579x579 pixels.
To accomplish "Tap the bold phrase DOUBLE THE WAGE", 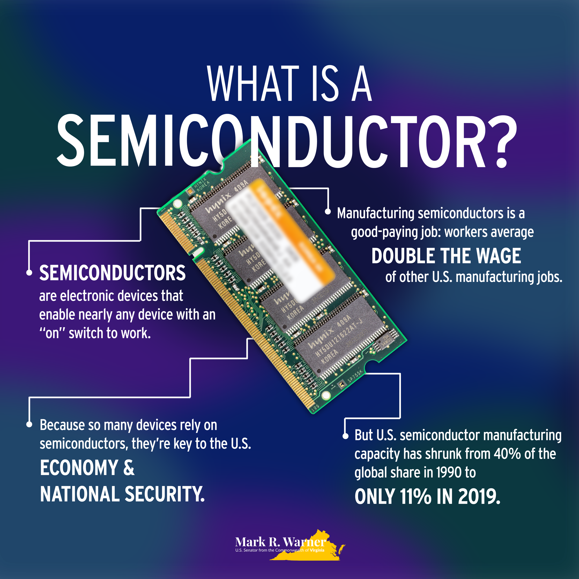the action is point(446,256).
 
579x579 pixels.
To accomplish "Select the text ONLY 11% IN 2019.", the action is point(427,497).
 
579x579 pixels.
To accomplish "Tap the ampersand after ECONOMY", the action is point(129,468).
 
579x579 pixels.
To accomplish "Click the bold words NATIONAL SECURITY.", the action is point(122,494).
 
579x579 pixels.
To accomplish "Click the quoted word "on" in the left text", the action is point(52,333).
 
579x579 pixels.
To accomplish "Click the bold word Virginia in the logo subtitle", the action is point(317,550).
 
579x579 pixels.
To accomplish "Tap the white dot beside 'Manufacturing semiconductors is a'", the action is point(328,212).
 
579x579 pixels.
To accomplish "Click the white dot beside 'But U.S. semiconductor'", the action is point(345,436).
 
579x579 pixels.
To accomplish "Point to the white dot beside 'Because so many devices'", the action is point(29,424).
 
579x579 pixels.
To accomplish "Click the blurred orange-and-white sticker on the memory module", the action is point(280,240).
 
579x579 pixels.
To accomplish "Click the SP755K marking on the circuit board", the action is point(355,376).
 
